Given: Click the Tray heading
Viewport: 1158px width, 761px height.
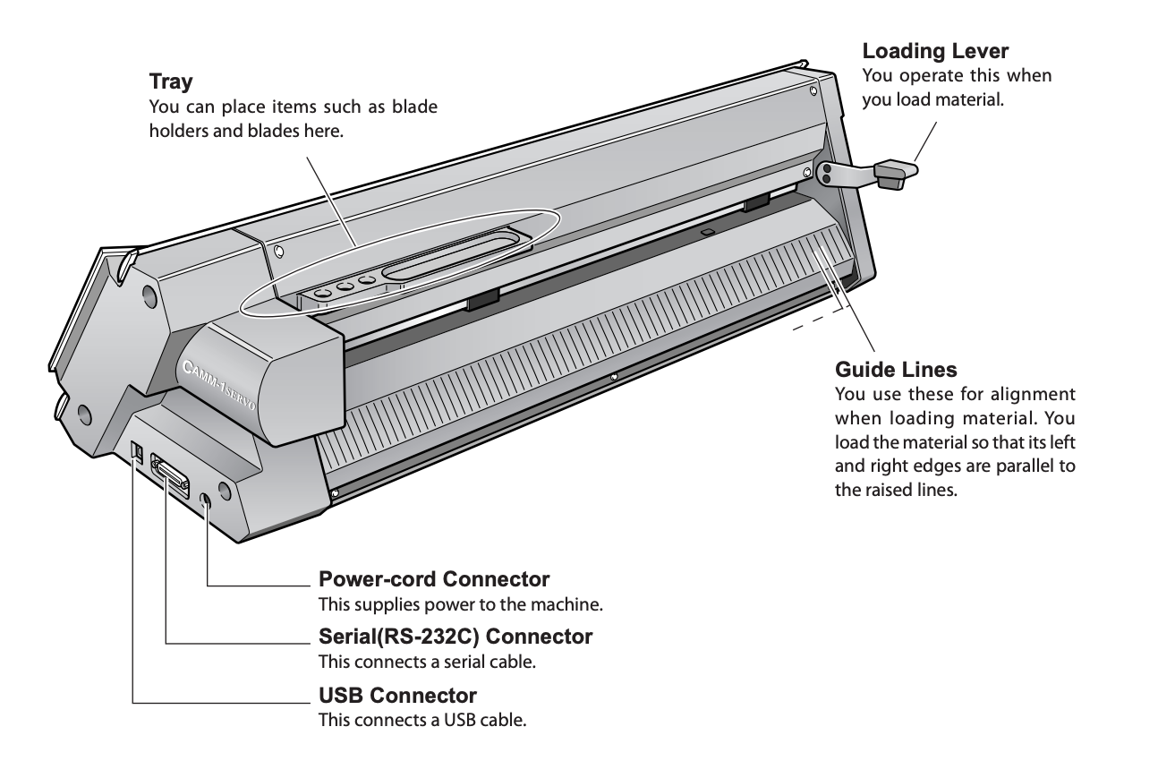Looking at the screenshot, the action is [x=171, y=81].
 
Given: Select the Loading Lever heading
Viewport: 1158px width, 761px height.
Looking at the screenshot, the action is [x=935, y=51].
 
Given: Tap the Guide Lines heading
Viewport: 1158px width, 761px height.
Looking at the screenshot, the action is [x=896, y=370].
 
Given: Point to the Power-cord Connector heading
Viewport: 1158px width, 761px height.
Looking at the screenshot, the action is [x=434, y=579].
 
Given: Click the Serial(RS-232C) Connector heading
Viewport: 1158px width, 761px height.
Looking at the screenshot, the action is [x=456, y=637].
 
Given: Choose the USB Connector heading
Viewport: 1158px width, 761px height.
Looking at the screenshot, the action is [x=397, y=696].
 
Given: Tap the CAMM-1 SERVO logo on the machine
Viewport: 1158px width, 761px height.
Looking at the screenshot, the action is [x=219, y=384].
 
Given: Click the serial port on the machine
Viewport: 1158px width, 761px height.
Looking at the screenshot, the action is [x=169, y=475].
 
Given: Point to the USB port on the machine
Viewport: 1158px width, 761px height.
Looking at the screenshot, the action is [x=138, y=451].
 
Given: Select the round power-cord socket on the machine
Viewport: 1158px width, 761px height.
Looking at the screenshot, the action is [x=205, y=500].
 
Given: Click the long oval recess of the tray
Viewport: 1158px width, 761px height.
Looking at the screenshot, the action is [x=451, y=254].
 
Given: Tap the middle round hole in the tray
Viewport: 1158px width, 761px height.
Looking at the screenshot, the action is [x=345, y=286].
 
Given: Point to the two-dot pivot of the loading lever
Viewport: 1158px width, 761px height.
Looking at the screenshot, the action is [x=826, y=174].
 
